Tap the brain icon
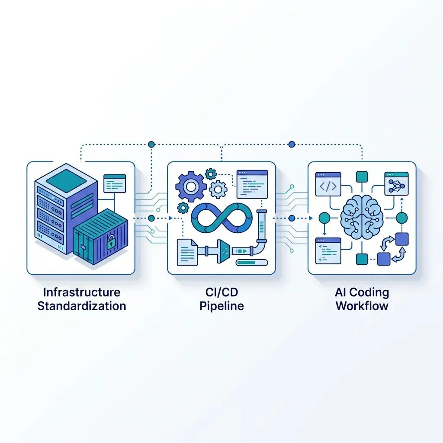tap(362, 217)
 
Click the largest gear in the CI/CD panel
tap(190, 186)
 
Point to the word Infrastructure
tap(82, 292)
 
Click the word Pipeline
tap(221, 306)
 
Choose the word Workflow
tap(362, 306)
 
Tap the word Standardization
tap(82, 306)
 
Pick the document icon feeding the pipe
tap(187, 252)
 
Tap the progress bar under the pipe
tap(252, 262)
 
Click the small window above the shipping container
tap(115, 183)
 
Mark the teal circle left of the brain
tap(323, 217)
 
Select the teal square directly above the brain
tap(362, 177)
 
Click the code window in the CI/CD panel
tap(252, 184)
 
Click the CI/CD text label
tap(221, 292)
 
